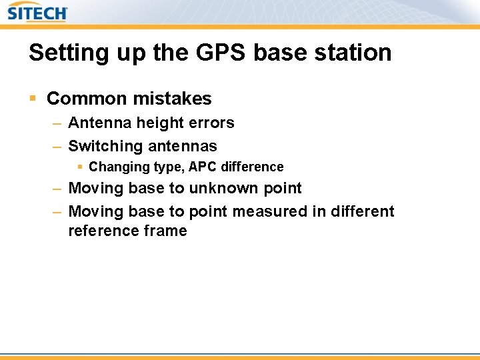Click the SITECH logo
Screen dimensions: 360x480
click(x=37, y=12)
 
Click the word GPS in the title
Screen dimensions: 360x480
click(x=213, y=53)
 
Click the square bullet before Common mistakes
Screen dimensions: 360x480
click(x=32, y=99)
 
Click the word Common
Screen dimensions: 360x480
click(x=87, y=99)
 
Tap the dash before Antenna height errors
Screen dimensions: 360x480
click(x=57, y=123)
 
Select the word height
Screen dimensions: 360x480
click(x=160, y=123)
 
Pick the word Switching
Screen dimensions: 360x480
click(x=105, y=146)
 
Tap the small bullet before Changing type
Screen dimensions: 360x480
click(x=80, y=167)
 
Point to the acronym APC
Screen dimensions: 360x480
click(x=188, y=167)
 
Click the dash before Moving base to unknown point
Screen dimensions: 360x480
click(x=57, y=189)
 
